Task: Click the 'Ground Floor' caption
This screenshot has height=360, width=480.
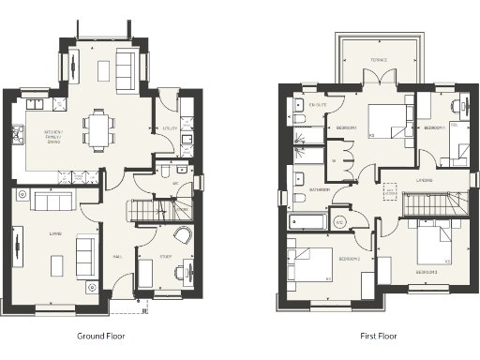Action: click(x=100, y=335)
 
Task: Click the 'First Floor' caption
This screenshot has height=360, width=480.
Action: click(x=378, y=335)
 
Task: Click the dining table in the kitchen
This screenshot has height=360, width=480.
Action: click(x=99, y=128)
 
